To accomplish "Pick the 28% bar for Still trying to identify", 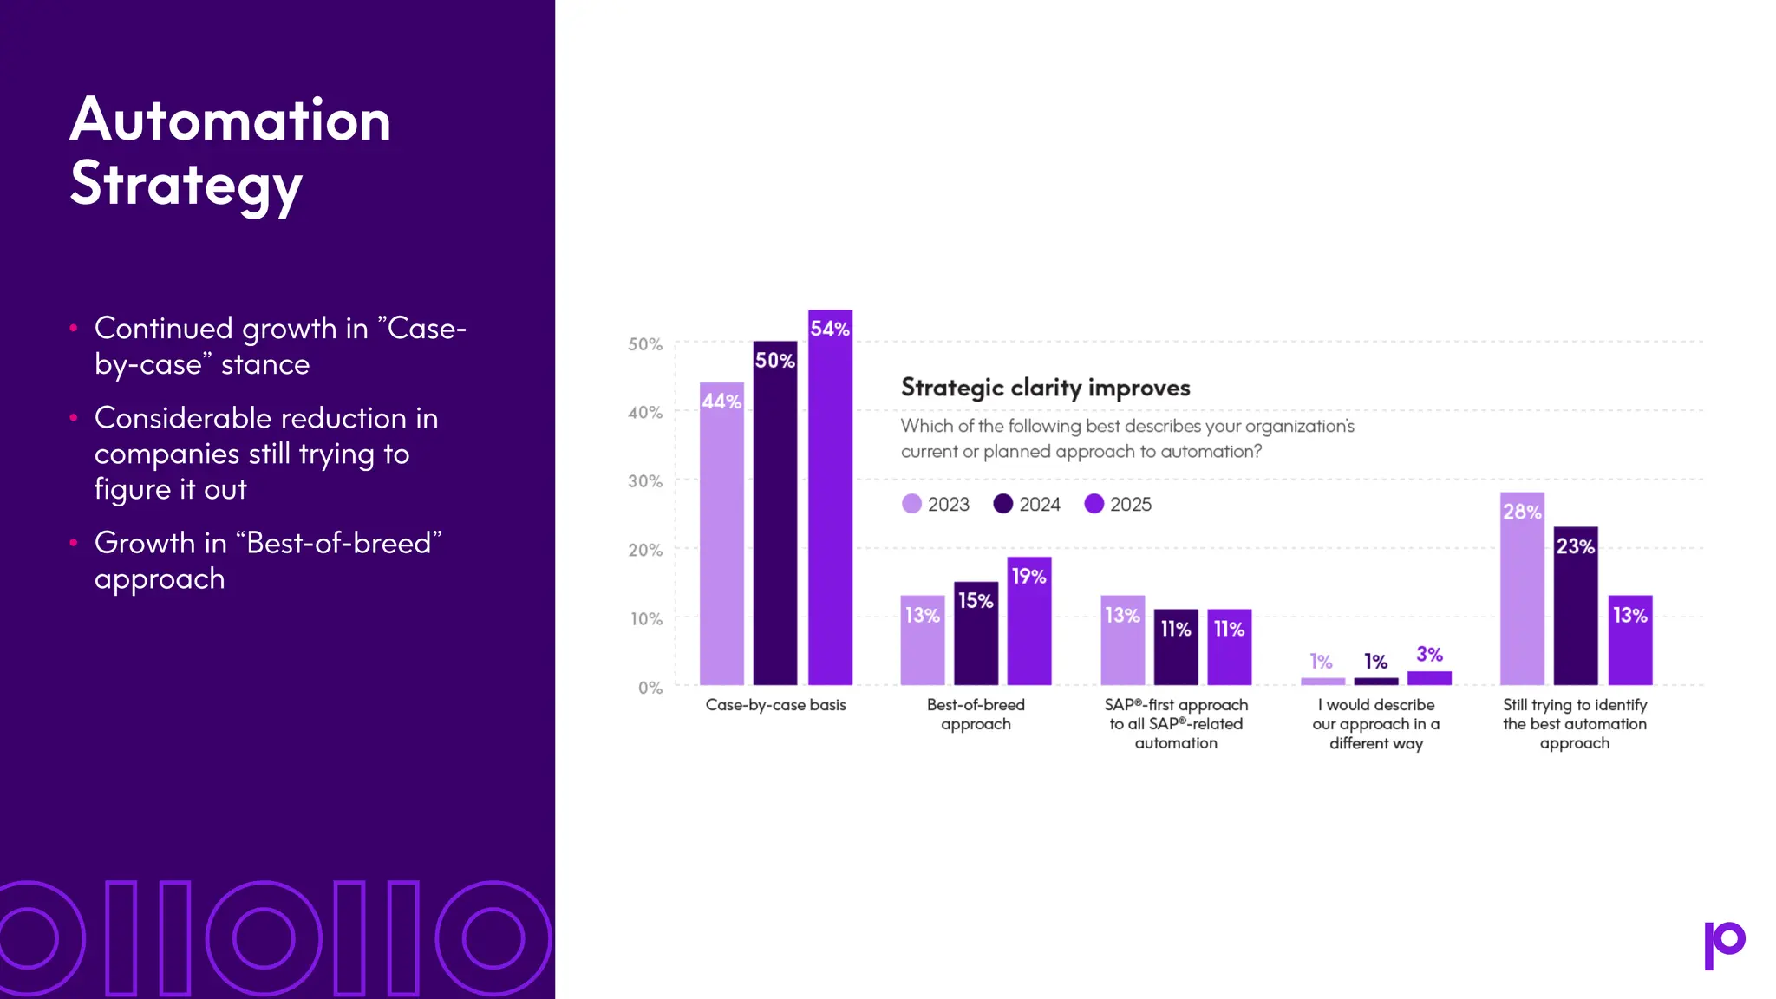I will pos(1522,589).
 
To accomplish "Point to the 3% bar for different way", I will pos(1429,677).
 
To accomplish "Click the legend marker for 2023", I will pos(911,504).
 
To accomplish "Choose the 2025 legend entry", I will pos(1118,504).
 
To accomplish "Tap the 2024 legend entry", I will pos(1027,504).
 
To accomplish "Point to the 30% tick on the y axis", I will pos(645,480).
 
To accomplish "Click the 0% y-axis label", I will pos(650,688).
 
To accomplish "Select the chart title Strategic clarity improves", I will pos(1045,387).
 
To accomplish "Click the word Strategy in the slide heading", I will pos(186,184).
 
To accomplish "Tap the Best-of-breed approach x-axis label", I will pos(976,714).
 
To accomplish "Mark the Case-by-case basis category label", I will pos(775,705).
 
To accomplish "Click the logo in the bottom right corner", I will pos(1724,944).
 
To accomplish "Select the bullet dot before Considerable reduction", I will pos(74,418).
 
